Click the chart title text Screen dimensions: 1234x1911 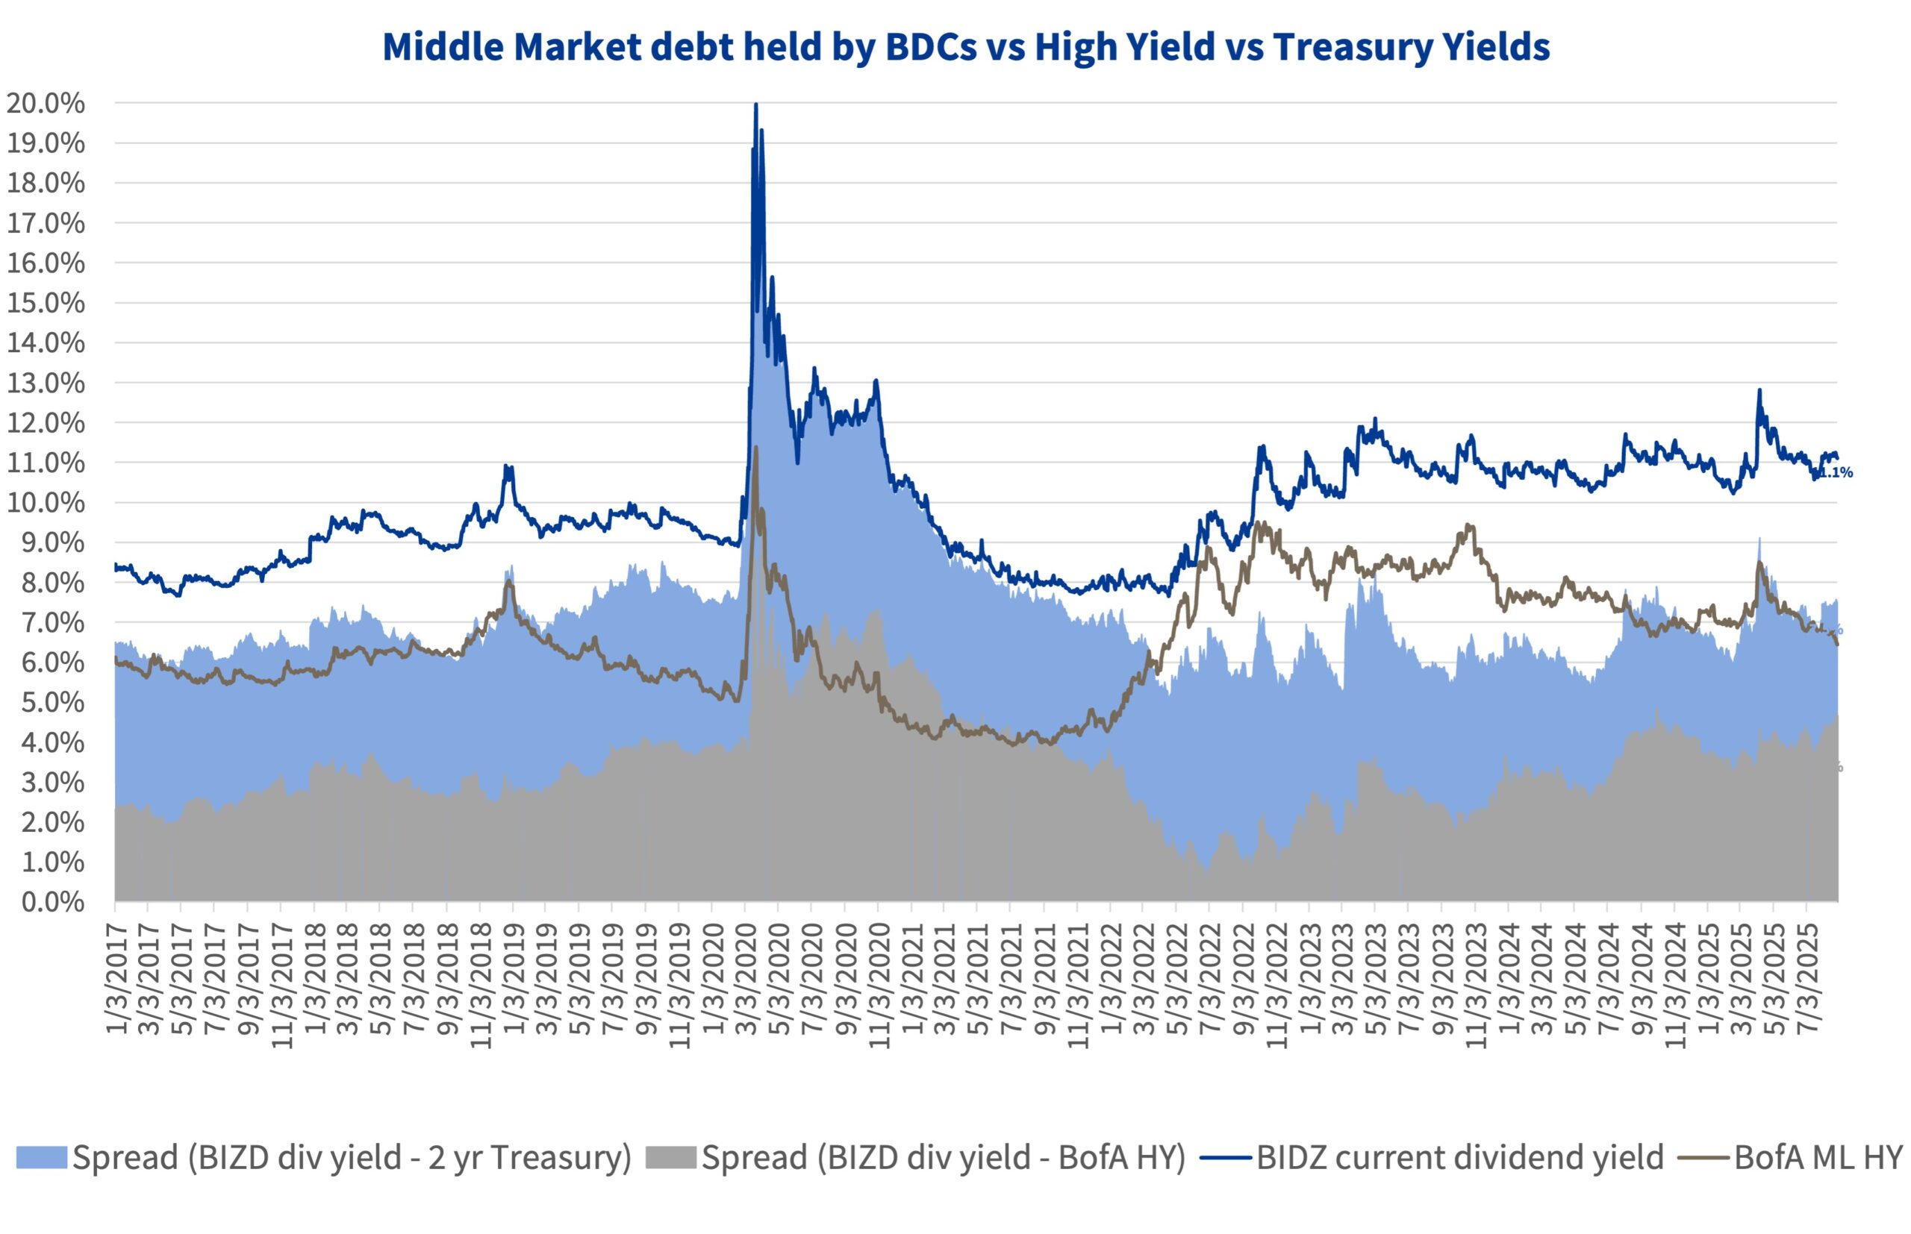pos(966,46)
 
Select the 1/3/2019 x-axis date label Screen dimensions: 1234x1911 pos(514,979)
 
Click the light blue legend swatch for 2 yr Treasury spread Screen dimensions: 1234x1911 pos(41,1157)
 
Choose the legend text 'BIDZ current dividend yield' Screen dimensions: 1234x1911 pos(1459,1157)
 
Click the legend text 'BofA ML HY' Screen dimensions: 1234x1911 pos(1818,1157)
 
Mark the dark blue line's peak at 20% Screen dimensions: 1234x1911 pos(756,105)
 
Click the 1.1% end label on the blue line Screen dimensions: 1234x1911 pos(1836,473)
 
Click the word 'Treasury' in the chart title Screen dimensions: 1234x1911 pos(1347,46)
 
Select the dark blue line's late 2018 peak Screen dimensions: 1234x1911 pos(507,466)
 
